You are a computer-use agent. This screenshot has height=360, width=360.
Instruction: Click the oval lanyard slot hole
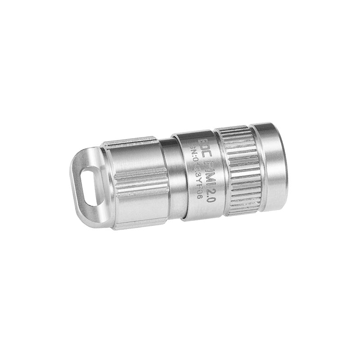tap(90, 185)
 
